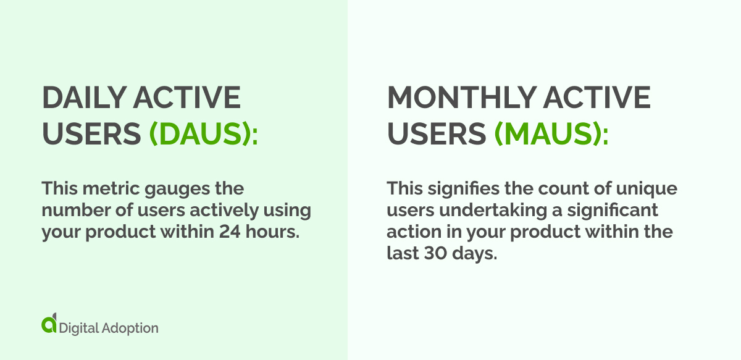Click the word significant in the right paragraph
click(x=611, y=210)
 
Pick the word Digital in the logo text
click(x=78, y=327)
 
